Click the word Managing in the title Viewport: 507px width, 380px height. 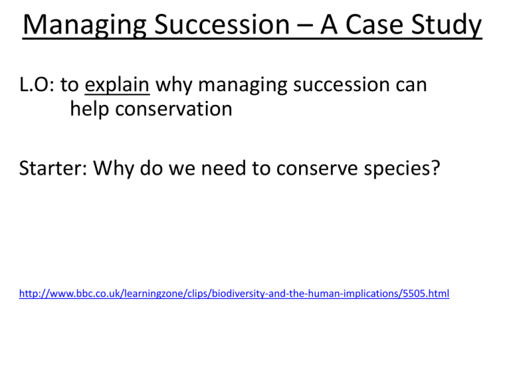pyautogui.click(x=84, y=26)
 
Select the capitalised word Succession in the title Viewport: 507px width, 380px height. pyautogui.click(x=222, y=24)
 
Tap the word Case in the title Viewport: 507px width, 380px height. pyautogui.click(x=374, y=24)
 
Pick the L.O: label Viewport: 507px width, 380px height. pyautogui.click(x=36, y=84)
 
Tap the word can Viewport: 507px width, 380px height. pyautogui.click(x=411, y=85)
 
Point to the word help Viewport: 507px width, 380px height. pyautogui.click(x=90, y=110)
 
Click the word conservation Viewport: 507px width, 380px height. pyautogui.click(x=174, y=109)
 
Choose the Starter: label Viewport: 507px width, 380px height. pyautogui.click(x=53, y=168)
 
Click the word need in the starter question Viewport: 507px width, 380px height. pyautogui.click(x=223, y=168)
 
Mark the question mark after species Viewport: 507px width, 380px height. pyautogui.click(x=436, y=168)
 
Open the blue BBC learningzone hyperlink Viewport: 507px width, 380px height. pyautogui.click(x=234, y=294)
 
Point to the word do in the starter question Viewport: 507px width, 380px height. pyautogui.click(x=151, y=168)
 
